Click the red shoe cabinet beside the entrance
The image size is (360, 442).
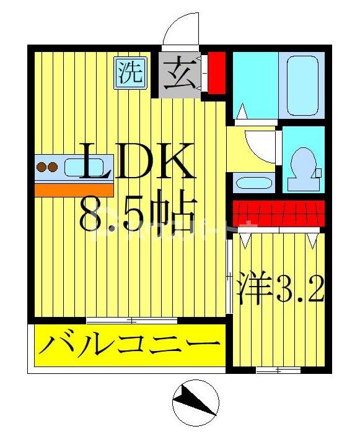[216, 73]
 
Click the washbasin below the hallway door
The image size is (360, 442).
[253, 184]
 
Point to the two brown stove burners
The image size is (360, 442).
[48, 167]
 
